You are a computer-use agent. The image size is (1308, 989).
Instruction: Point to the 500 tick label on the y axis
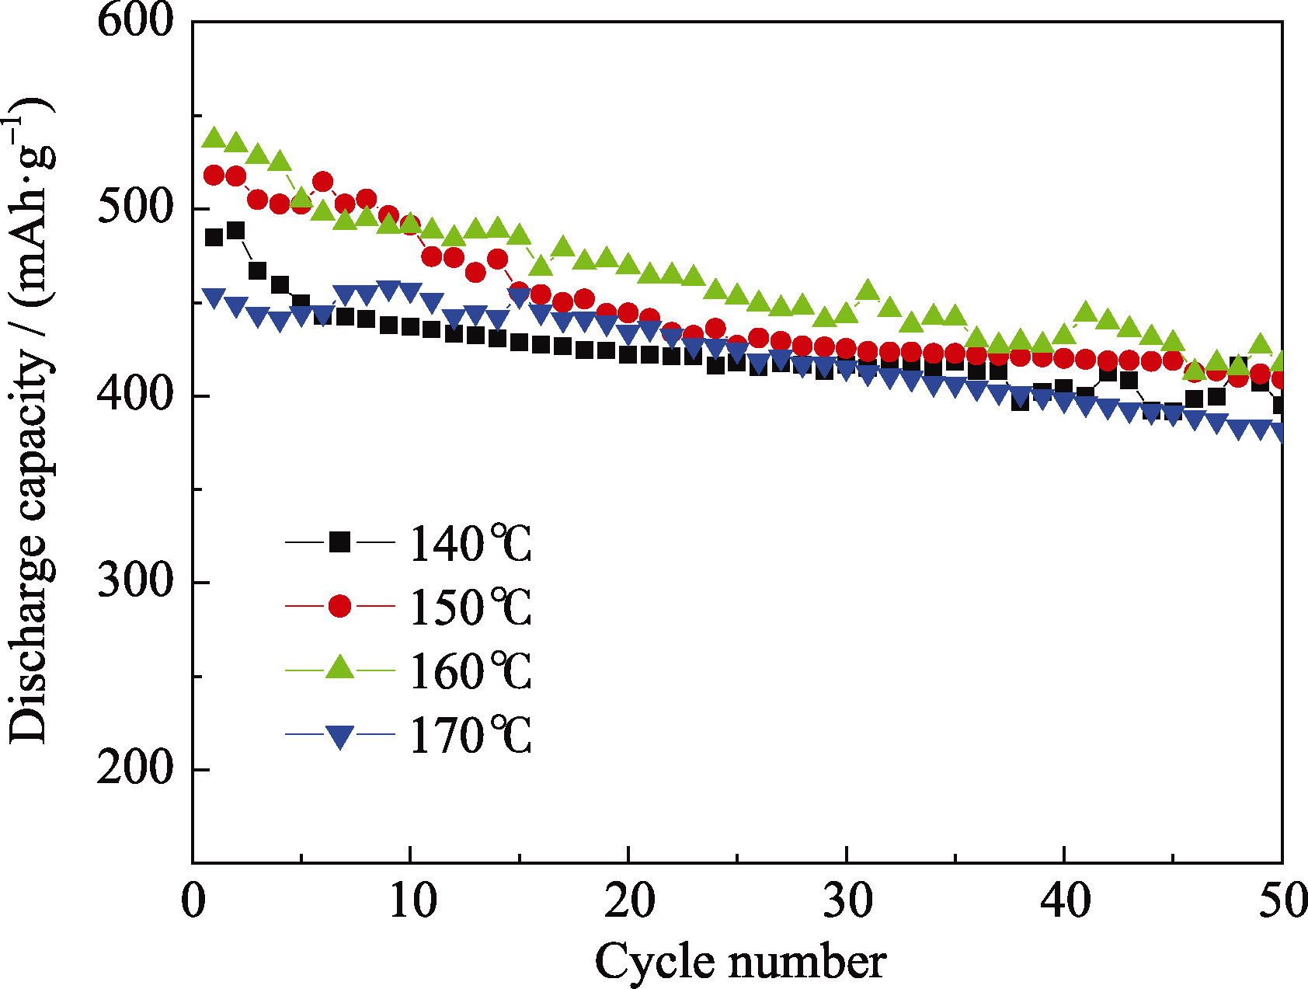point(135,207)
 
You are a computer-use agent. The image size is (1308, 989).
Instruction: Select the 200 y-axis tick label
point(135,768)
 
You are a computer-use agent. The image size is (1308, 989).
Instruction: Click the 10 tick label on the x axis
point(412,900)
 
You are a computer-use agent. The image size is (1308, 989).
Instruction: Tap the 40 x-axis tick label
point(1065,900)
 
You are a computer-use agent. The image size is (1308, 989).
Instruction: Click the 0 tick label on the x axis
point(193,900)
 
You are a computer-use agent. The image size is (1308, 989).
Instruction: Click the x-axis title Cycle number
point(740,962)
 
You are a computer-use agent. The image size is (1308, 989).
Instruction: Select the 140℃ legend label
point(471,543)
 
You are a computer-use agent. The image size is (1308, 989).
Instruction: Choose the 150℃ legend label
point(471,607)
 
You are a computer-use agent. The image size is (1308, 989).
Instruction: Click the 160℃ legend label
point(471,671)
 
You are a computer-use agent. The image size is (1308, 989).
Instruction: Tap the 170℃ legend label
point(471,735)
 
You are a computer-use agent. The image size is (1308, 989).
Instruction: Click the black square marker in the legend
point(339,542)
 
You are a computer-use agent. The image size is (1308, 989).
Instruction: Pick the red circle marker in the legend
point(339,605)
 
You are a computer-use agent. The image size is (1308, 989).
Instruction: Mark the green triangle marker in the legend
point(339,667)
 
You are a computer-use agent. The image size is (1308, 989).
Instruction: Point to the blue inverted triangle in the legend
point(339,736)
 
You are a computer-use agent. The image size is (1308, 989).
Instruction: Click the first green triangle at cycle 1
point(214,138)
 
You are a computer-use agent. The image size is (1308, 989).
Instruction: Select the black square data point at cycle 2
point(235,231)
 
